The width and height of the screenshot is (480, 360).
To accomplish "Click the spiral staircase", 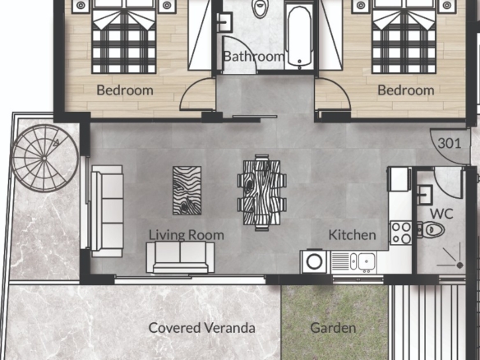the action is click(44, 159).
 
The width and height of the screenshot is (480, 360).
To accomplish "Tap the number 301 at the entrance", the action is click(449, 143).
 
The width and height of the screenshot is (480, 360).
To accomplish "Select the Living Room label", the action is click(187, 235).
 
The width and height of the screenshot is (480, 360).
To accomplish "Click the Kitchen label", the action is click(352, 235).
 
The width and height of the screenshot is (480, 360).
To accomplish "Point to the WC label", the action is click(441, 214).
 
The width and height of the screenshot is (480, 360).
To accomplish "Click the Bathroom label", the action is click(254, 57).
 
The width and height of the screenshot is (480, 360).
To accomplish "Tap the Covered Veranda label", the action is click(201, 328).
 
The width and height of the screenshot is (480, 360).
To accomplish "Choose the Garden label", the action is click(333, 328).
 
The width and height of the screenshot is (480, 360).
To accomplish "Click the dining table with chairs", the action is click(262, 192).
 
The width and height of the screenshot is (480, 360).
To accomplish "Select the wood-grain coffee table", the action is click(187, 191).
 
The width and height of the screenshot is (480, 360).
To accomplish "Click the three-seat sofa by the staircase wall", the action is click(107, 211).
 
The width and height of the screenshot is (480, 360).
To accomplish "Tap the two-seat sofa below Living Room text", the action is click(180, 256).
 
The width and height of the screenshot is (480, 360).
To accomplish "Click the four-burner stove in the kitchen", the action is click(401, 233).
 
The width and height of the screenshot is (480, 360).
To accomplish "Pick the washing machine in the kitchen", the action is click(314, 261).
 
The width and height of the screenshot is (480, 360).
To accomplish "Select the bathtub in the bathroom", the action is click(300, 37).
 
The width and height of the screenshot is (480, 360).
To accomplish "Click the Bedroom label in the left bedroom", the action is click(125, 90).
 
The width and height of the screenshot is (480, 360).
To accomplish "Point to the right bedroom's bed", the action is click(404, 37).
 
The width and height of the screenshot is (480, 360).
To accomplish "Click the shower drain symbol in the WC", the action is click(459, 265).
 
